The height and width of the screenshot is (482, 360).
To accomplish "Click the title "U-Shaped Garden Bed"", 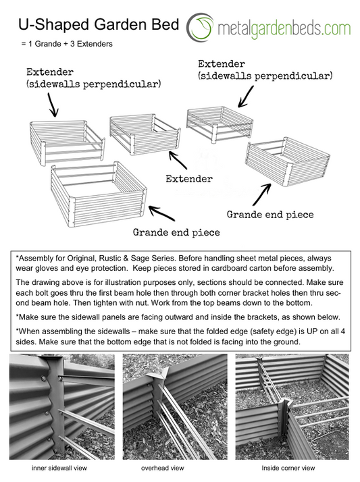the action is (x=99, y=24).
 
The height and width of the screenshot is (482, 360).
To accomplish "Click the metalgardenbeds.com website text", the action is (x=284, y=29).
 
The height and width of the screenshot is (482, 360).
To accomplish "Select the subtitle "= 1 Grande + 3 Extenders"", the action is (x=67, y=44).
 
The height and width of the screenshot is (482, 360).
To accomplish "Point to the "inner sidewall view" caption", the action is (x=59, y=468).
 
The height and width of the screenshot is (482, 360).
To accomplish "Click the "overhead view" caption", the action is (x=162, y=468).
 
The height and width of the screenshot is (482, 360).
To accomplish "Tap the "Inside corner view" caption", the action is (x=288, y=468).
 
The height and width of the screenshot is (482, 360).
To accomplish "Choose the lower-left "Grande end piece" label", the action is (x=176, y=232).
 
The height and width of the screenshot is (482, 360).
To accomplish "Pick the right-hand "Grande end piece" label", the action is (x=270, y=215).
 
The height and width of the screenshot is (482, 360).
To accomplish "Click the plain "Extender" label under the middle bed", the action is (x=189, y=179).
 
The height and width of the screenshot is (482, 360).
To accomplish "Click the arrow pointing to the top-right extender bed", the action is (x=247, y=97).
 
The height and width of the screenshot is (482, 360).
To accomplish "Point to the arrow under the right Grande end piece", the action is (x=262, y=195).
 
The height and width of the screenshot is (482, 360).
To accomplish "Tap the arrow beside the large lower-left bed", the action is (x=162, y=213).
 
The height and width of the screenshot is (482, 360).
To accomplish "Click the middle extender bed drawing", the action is (x=145, y=134).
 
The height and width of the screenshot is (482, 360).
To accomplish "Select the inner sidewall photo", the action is (x=62, y=406).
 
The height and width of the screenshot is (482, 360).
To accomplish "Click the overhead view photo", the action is (x=175, y=406).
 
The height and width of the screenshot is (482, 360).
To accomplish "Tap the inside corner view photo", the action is (x=292, y=406).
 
